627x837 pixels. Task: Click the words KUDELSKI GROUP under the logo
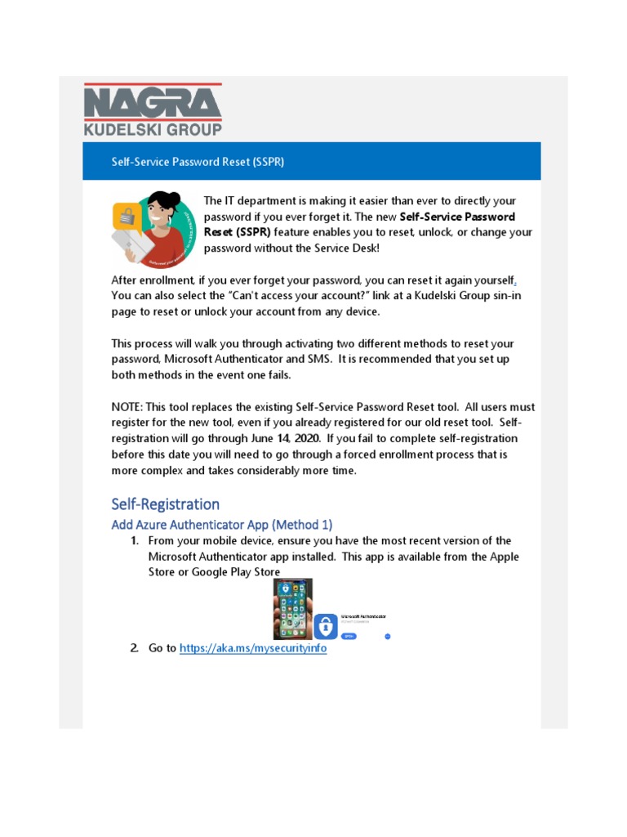[153, 128]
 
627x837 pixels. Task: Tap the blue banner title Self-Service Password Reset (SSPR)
[198, 162]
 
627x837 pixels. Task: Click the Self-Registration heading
[166, 504]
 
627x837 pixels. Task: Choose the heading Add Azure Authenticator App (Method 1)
[222, 524]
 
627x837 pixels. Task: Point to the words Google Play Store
[236, 572]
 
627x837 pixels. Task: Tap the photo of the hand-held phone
[292, 609]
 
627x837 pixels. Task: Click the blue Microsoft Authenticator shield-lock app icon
[326, 627]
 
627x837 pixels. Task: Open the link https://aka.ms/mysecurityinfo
[252, 648]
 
